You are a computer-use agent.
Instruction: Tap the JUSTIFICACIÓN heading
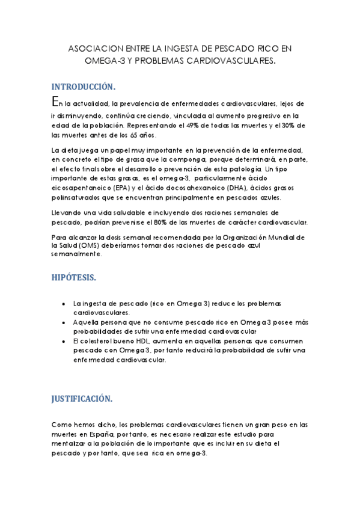(82, 399)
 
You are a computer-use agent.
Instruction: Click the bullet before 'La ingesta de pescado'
(64, 304)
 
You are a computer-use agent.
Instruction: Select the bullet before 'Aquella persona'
(64, 322)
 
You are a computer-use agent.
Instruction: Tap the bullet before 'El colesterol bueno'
(64, 341)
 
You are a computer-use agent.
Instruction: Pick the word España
(99, 435)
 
